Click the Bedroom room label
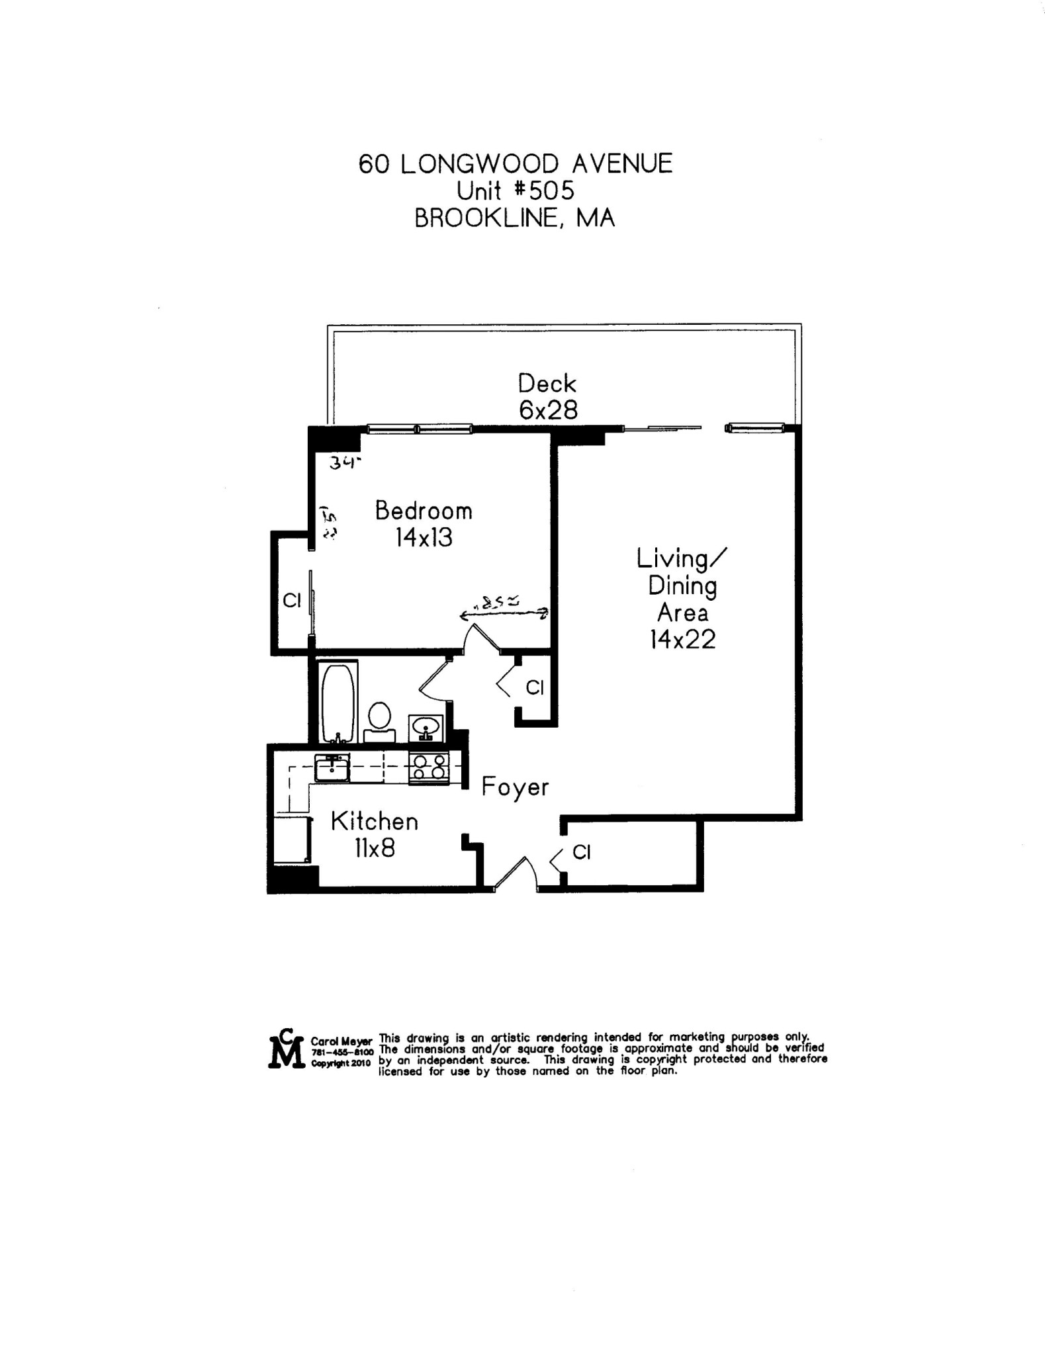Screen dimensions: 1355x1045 point(424,511)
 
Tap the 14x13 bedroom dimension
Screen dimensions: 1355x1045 point(424,538)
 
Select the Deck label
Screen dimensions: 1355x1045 point(547,384)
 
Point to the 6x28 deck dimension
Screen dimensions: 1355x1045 point(548,411)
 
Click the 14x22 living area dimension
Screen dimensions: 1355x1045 point(682,640)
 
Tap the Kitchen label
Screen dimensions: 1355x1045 point(375,822)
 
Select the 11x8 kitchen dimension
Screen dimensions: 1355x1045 point(375,848)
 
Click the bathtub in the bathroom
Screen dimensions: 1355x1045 point(338,703)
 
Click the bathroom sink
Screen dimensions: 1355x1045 point(426,728)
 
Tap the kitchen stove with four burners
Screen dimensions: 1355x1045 point(429,767)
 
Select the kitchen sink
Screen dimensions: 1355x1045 point(332,769)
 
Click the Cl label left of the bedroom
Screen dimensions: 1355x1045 point(292,601)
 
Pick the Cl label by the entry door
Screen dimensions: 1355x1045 point(581,852)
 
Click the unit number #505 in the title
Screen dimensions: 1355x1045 point(544,191)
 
